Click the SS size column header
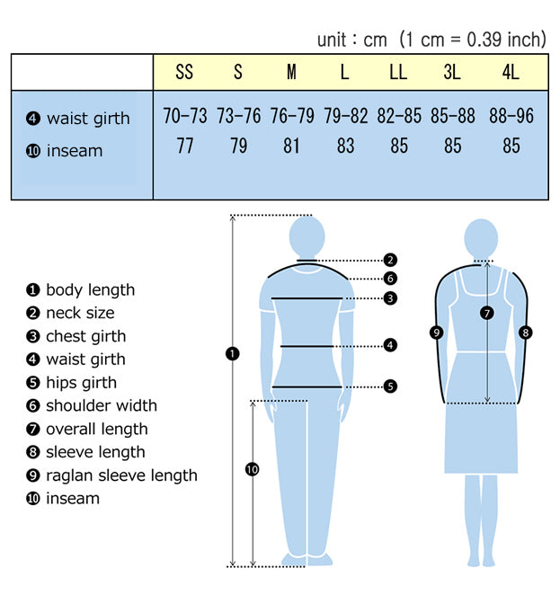coord(184,72)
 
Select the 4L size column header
coord(511,72)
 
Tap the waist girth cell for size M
coord(292,116)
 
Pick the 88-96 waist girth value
coord(511,116)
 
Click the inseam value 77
coord(185,146)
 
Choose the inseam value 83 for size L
coord(345,146)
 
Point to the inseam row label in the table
coord(65,151)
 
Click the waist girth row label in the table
coord(78,119)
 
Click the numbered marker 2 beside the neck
coord(390,260)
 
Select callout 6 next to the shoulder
coord(390,278)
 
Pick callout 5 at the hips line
coord(390,386)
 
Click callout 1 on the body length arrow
coord(232,353)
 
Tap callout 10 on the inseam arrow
coord(253,469)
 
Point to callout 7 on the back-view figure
coord(487,313)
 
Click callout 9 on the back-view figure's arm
coord(436,333)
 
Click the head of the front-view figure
coord(307,235)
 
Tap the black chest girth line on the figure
coord(307,298)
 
